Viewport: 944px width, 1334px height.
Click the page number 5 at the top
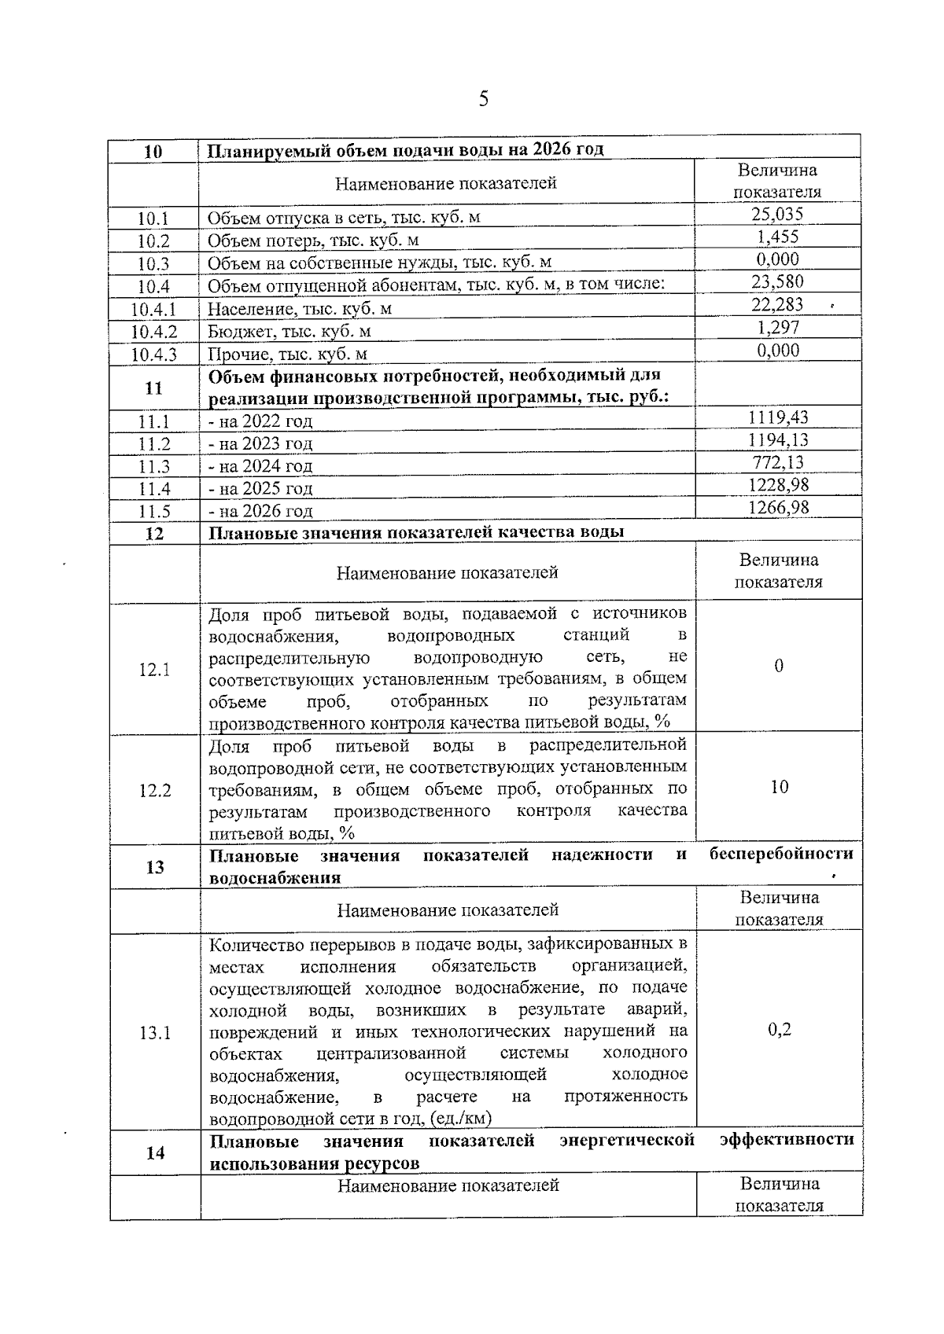483,99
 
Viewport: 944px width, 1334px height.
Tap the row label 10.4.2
154,332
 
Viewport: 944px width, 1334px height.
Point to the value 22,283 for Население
777,305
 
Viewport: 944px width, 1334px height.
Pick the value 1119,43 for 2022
778,417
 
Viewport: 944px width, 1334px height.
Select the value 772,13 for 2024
778,462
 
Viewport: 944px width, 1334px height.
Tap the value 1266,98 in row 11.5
778,508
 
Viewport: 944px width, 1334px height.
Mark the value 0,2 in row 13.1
779,1030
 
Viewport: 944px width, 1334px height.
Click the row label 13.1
155,1033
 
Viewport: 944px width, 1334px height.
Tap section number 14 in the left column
156,1153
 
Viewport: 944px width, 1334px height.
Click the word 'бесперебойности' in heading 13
780,854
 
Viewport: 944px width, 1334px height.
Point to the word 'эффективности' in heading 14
787,1140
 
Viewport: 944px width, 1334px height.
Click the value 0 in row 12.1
779,667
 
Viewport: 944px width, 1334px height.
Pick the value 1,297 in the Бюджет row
778,328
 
